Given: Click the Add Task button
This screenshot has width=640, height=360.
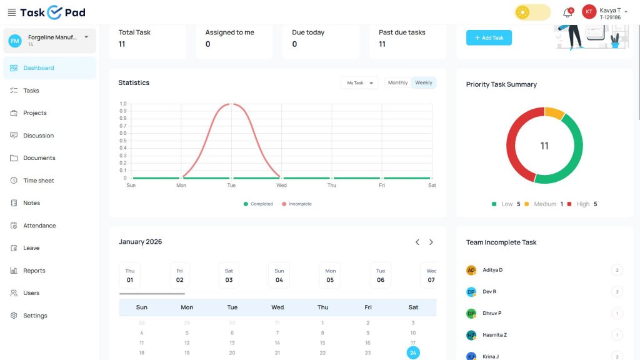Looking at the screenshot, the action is (x=489, y=37).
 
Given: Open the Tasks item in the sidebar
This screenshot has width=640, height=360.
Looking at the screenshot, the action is (x=31, y=91).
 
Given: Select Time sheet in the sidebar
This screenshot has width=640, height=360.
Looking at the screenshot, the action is (x=38, y=181).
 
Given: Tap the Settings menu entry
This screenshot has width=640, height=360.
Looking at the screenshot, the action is (x=35, y=316).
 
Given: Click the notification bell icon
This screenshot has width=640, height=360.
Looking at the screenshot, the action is (x=567, y=12).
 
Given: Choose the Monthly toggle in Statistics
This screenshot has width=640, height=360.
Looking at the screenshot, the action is (x=397, y=82).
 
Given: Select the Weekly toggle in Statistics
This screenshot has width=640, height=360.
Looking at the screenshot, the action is (x=424, y=82).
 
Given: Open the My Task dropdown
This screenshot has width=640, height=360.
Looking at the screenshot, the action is (x=359, y=83).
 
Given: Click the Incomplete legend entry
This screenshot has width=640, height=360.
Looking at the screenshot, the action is (x=297, y=204).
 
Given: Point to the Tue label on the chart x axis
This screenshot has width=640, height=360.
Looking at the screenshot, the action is (x=231, y=185).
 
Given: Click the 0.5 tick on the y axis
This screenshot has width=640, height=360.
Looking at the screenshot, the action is (x=123, y=141).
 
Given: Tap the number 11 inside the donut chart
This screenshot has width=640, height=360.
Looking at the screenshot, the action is (x=544, y=146).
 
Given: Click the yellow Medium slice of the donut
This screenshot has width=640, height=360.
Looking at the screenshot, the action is (x=554, y=112).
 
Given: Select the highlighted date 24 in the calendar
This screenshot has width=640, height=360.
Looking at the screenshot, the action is (x=413, y=352).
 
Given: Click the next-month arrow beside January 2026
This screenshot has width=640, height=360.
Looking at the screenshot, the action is (x=431, y=242).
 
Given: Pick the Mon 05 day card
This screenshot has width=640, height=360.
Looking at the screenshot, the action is (x=330, y=276).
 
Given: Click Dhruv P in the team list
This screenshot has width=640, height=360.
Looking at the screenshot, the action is (x=492, y=313).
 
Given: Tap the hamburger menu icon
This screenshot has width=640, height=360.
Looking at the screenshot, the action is (x=12, y=12).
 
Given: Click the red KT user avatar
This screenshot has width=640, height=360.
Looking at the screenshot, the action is (x=589, y=12).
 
